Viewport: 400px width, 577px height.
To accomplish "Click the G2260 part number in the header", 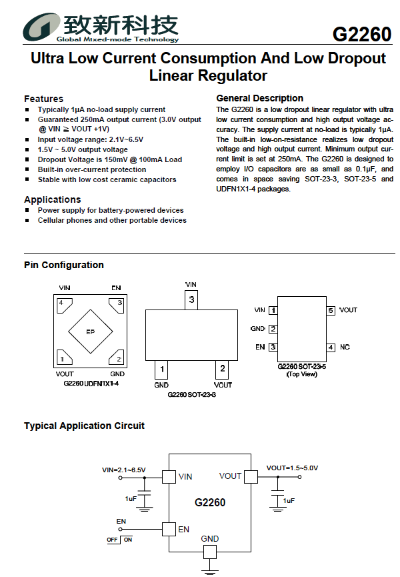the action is click(362, 34).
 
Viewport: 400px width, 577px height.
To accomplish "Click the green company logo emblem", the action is click(41, 27).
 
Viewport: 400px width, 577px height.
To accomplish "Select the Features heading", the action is click(44, 99).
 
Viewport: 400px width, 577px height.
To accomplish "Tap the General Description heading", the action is click(259, 98).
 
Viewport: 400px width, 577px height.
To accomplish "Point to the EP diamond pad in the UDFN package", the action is click(91, 331).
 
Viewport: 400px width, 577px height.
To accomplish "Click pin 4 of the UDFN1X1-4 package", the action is click(64, 305).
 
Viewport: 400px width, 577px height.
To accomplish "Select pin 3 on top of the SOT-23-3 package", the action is click(191, 300).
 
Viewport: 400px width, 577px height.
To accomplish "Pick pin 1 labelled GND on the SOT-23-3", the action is click(161, 370).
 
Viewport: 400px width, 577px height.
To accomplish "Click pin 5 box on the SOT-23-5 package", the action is click(331, 310).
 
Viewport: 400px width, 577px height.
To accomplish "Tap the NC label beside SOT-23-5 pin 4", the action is click(345, 347).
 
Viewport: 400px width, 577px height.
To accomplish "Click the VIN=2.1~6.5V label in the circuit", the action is click(123, 470).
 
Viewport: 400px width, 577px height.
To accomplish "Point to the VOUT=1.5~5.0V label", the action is click(292, 468).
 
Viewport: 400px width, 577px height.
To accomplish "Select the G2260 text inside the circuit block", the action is click(210, 502).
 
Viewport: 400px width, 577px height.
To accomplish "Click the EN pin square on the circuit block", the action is click(169, 529).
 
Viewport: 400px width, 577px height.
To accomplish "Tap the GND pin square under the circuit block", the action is click(209, 552).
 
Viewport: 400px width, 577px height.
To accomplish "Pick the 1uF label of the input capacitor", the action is click(131, 498).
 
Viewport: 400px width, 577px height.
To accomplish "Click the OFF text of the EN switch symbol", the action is click(112, 540).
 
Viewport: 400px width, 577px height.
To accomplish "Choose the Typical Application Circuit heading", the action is click(84, 426).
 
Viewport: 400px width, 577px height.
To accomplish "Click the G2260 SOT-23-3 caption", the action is click(191, 394).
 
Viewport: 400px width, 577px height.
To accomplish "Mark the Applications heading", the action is click(53, 199).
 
